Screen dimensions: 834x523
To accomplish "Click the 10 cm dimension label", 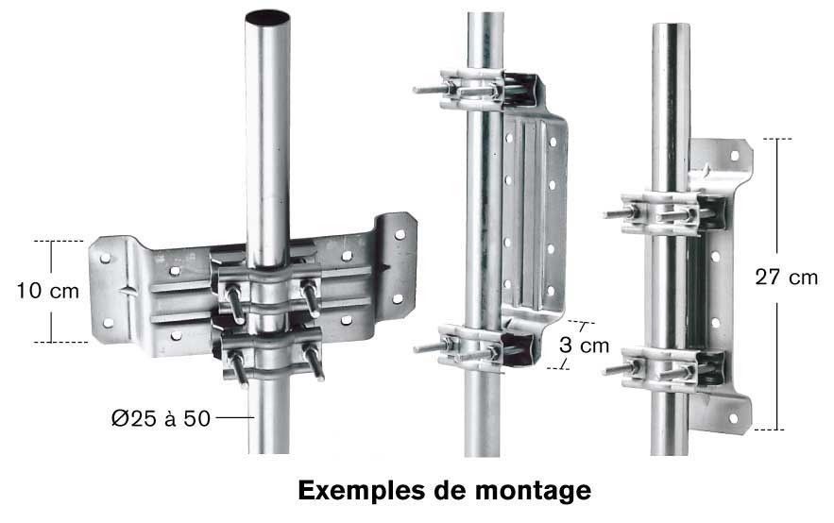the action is (48, 291).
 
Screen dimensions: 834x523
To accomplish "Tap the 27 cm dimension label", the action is (786, 277).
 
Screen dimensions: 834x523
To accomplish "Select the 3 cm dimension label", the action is (584, 346).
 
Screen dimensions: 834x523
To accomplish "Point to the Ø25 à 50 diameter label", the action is (162, 418).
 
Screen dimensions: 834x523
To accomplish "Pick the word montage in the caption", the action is (533, 492).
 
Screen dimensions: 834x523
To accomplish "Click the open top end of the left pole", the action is (267, 18).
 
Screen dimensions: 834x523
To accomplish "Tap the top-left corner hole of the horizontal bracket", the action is (106, 259).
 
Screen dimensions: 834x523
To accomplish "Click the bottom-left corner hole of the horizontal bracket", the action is (108, 323).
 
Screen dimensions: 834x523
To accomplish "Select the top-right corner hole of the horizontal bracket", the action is (400, 234).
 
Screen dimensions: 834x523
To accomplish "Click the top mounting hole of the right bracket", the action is (735, 155).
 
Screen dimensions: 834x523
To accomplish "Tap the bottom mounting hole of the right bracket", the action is (734, 418).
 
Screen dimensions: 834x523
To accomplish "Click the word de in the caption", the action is (450, 491).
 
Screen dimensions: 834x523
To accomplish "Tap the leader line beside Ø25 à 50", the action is (234, 418).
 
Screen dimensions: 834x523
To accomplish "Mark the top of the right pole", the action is (671, 25).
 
